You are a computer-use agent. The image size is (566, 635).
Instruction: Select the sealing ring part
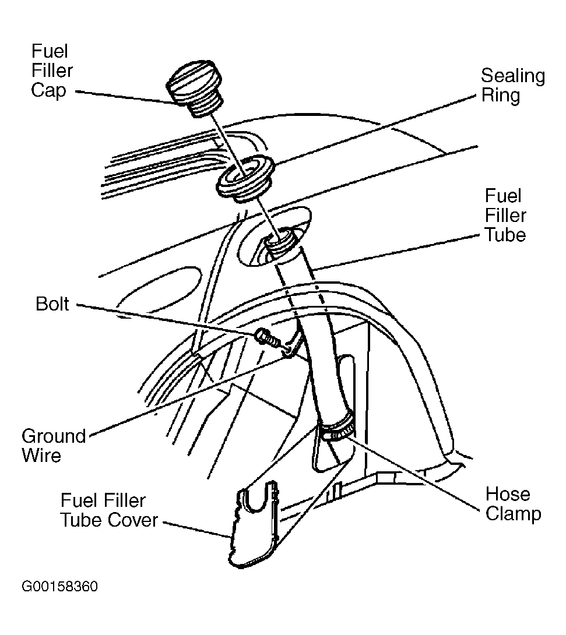[x=245, y=178]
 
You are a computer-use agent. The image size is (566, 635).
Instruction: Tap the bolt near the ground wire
[x=268, y=338]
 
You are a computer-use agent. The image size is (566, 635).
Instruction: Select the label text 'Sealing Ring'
[x=513, y=86]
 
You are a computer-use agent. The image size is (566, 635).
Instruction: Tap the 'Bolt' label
[x=52, y=304]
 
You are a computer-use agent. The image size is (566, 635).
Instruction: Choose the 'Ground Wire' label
[x=54, y=446]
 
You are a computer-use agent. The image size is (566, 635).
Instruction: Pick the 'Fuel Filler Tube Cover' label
[x=109, y=510]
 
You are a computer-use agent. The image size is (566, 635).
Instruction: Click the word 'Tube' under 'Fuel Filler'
[x=505, y=235]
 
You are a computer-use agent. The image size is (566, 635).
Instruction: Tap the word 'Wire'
[x=41, y=455]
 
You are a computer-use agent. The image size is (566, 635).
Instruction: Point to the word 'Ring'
[x=501, y=96]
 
